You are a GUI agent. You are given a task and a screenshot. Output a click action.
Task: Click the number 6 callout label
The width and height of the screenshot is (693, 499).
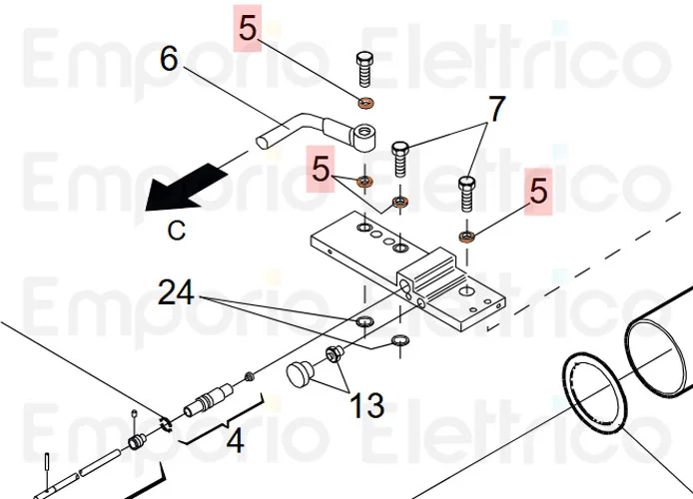tap(170, 60)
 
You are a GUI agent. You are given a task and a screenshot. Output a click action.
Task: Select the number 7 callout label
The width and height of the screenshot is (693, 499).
tap(496, 109)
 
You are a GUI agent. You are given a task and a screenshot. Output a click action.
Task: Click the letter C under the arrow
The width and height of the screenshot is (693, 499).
tap(176, 231)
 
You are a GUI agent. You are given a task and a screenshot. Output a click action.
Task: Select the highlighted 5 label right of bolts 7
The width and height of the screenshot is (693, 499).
tap(539, 190)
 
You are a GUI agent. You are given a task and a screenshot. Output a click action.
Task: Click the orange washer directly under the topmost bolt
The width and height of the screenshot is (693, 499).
tap(365, 103)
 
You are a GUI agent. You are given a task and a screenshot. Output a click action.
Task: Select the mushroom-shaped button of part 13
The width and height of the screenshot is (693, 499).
tap(301, 374)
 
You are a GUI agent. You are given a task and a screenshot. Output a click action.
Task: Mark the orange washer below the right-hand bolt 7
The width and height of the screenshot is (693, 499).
tap(466, 237)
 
